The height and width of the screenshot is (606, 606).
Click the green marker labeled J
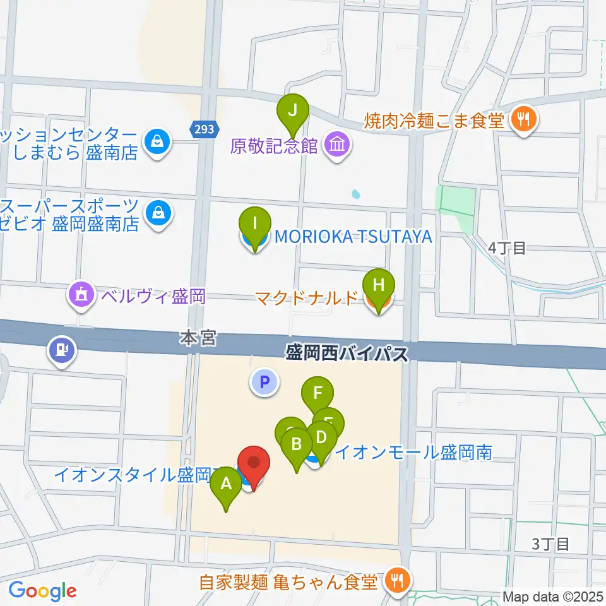pyautogui.click(x=292, y=109)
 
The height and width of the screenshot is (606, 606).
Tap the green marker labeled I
pyautogui.click(x=255, y=223)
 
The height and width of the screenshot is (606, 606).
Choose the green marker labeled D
pyautogui.click(x=321, y=437)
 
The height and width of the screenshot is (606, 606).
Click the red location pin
pyautogui.click(x=253, y=462)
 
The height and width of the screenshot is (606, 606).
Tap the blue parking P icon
pyautogui.click(x=264, y=382)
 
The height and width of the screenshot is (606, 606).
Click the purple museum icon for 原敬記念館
pyautogui.click(x=337, y=146)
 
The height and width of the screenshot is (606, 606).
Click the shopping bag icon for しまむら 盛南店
pyautogui.click(x=155, y=141)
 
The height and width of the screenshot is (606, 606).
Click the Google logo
pyautogui.click(x=42, y=591)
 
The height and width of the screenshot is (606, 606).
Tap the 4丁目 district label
pyautogui.click(x=507, y=248)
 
